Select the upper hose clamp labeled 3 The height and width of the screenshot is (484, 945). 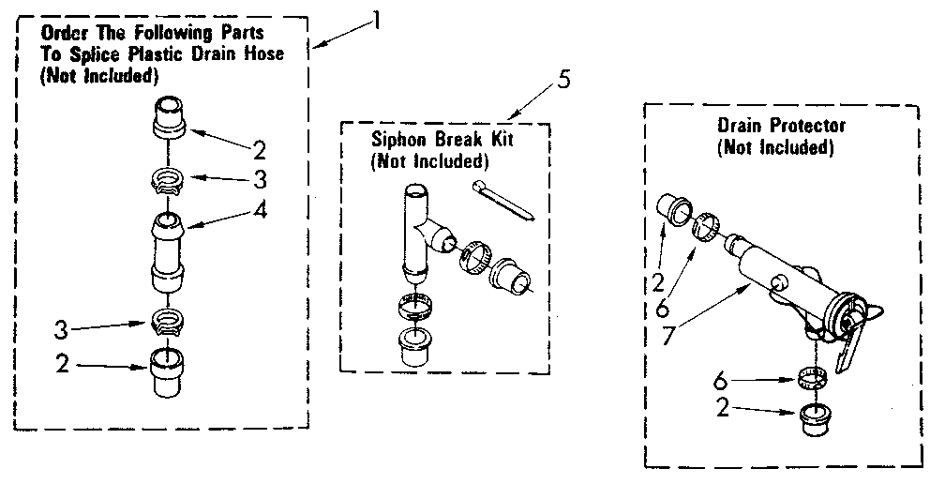click(x=168, y=176)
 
